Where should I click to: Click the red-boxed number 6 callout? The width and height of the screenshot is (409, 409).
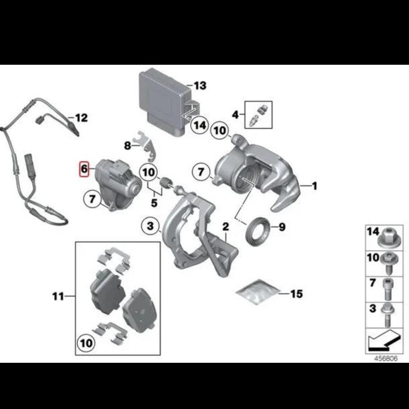point(84,169)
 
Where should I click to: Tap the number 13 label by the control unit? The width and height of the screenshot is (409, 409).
point(200,85)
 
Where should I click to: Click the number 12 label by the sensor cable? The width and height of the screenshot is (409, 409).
point(81,118)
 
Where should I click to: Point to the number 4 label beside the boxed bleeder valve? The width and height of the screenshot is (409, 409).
point(235,115)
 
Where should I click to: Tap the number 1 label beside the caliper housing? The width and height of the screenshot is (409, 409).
point(314,186)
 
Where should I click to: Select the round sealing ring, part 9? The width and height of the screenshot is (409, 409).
point(258,231)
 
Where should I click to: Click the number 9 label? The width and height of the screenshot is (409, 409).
point(282,227)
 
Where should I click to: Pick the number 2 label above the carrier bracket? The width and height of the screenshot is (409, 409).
point(226,227)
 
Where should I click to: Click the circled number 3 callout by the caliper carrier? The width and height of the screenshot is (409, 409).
point(150,226)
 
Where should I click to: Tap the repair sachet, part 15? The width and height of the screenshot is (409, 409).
point(258,292)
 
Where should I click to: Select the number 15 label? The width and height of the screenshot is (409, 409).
point(296,294)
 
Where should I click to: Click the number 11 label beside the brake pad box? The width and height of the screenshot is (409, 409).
point(58,297)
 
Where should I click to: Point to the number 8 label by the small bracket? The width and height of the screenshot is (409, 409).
point(127,145)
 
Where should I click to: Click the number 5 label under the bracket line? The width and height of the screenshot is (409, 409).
point(154,203)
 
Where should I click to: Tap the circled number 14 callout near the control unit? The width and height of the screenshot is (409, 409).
point(200,125)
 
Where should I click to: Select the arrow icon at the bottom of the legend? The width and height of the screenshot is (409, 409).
point(384,341)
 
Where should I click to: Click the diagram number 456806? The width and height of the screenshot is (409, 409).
point(386,358)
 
